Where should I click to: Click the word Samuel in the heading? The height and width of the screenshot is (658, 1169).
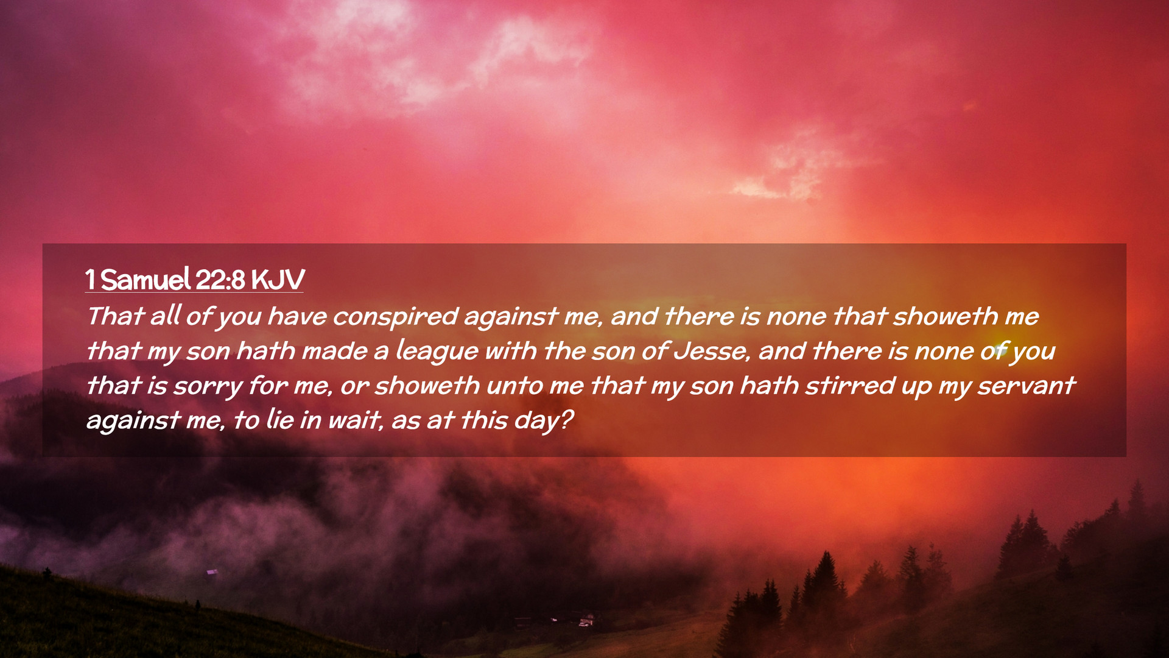146,280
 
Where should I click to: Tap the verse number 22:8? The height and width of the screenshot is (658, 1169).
220,280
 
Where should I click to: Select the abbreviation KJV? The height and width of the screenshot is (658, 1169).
278,280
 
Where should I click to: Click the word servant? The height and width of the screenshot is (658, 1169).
1027,386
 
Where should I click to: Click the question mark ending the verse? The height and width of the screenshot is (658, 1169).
567,420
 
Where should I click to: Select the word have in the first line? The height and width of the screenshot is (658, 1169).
297,316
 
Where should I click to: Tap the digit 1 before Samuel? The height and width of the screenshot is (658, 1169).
90,280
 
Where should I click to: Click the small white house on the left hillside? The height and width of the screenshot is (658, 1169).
212,571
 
